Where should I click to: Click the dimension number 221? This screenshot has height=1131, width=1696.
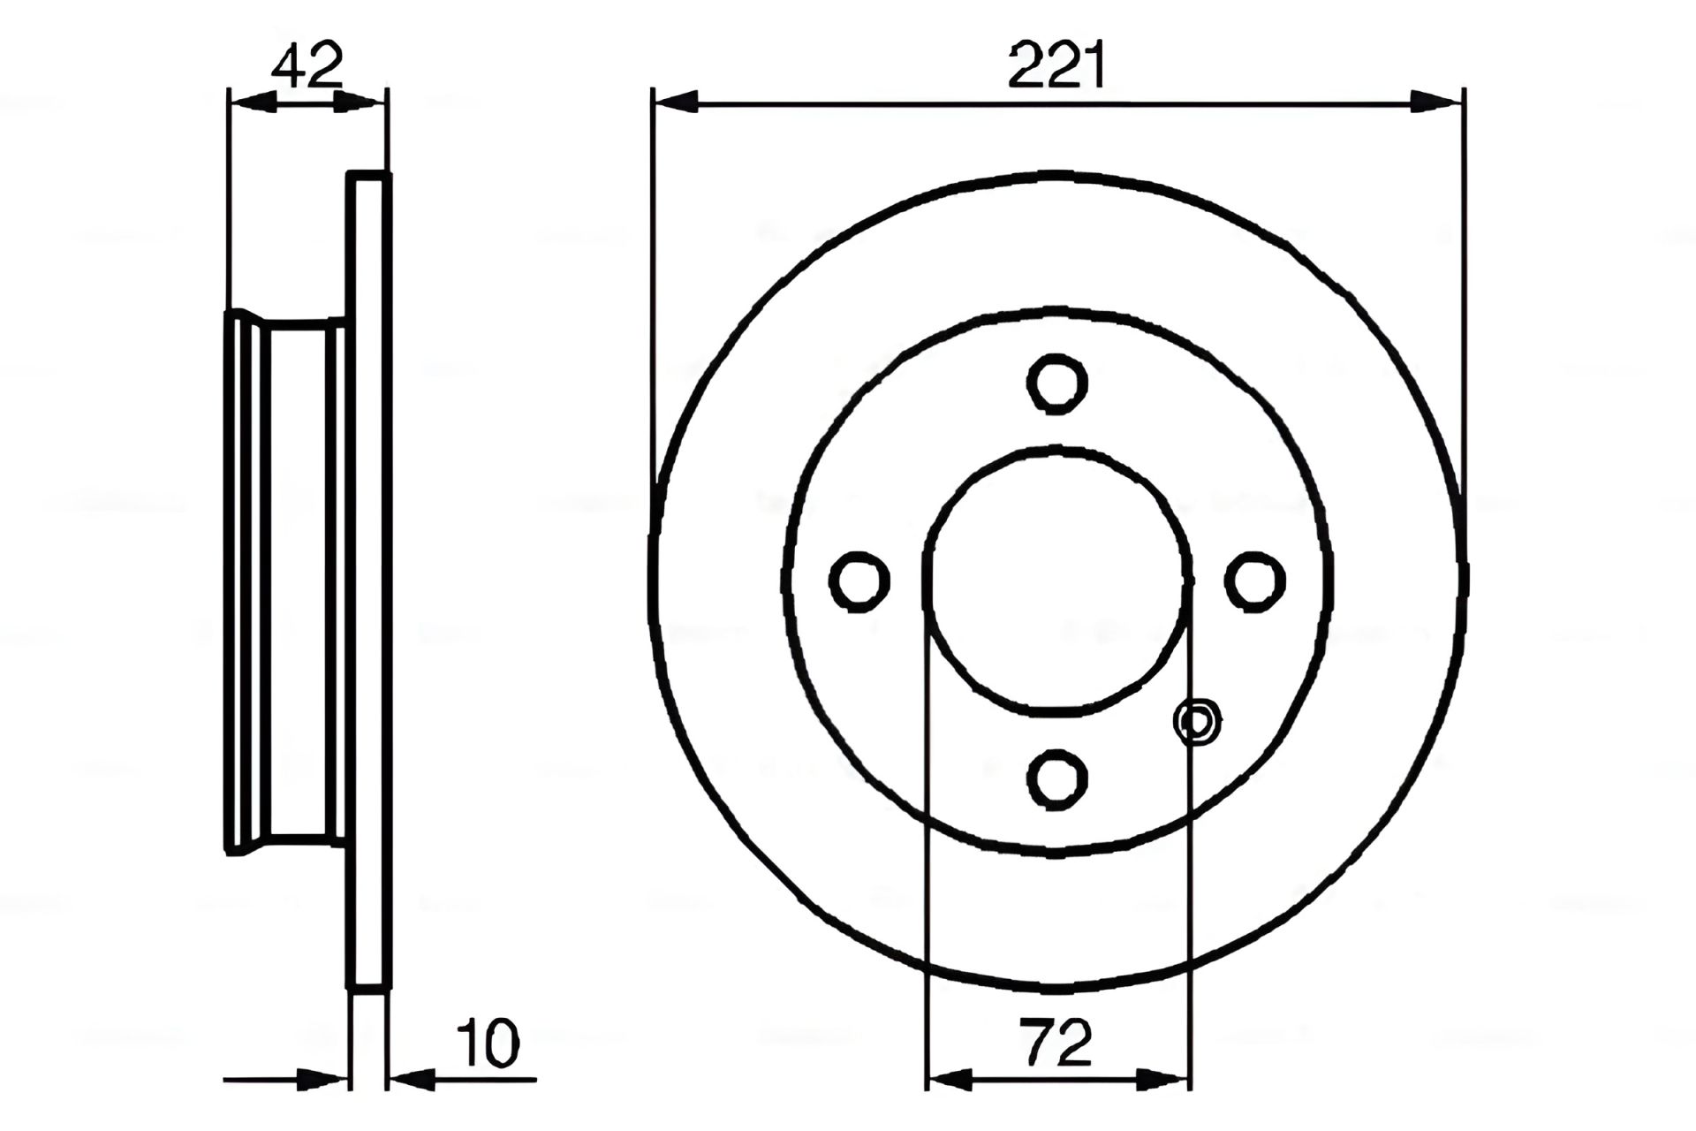coord(1057,65)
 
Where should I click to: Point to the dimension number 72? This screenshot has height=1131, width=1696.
coord(1056,1042)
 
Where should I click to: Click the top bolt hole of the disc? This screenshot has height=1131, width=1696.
coord(1057,383)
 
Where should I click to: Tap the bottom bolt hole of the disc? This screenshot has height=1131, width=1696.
coord(1057,778)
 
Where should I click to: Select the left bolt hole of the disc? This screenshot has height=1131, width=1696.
coord(859,581)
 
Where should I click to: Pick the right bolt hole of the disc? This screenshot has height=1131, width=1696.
coord(1255,581)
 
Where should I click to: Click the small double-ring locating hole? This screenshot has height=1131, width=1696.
coord(1197,722)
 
